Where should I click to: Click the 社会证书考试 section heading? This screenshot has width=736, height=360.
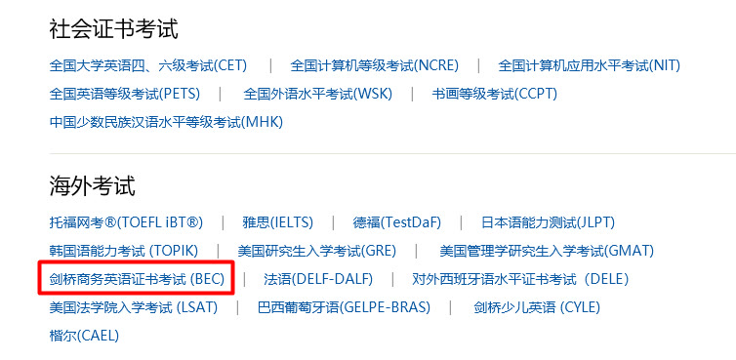(113, 29)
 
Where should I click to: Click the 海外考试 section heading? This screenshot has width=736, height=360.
(92, 185)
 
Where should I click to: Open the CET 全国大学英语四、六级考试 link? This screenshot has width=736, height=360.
(148, 65)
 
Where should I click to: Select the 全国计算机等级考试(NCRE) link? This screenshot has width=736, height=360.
(374, 65)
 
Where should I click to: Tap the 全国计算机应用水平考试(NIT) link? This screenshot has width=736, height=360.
(589, 65)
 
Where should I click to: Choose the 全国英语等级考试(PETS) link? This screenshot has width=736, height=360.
(124, 94)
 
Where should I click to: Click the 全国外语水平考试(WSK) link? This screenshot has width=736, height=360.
(318, 94)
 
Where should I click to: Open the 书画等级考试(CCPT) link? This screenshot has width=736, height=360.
(494, 94)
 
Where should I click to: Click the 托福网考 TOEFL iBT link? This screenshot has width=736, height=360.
(126, 222)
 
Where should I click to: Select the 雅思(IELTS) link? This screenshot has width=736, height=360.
(276, 222)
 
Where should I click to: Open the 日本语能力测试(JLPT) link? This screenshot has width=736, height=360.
(549, 222)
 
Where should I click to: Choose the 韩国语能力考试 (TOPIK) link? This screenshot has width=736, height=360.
(122, 251)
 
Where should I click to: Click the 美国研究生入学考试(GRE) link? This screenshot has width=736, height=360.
(315, 251)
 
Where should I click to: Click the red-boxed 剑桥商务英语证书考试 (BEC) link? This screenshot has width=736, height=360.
(137, 279)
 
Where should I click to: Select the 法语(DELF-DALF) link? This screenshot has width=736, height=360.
(318, 279)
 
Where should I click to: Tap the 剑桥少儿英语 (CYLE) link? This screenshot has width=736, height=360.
(537, 307)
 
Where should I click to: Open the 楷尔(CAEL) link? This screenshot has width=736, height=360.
(84, 336)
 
